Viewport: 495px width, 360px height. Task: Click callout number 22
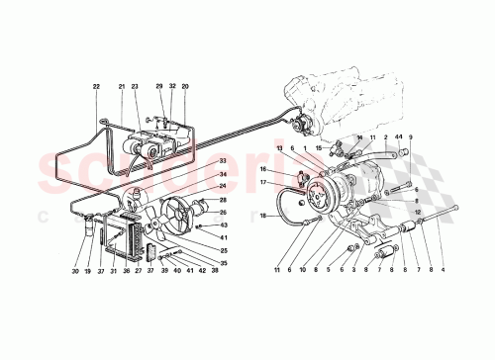point(97,88)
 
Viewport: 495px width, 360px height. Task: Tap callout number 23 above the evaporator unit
point(135,88)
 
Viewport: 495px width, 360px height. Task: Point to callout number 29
point(158,88)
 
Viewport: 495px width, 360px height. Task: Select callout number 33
point(224,161)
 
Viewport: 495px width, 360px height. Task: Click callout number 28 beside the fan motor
point(224,199)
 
